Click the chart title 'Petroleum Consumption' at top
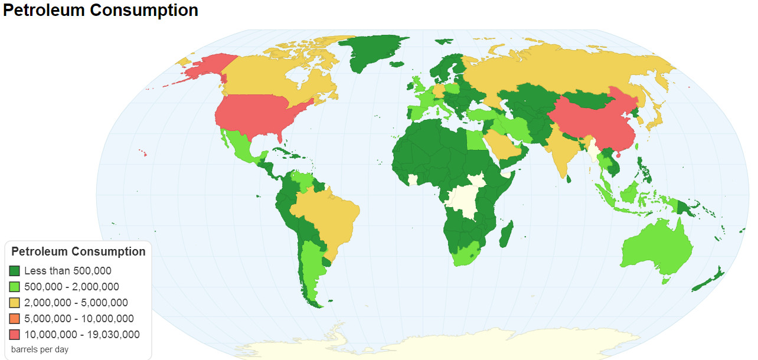point(100,11)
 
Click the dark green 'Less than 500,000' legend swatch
point(15,271)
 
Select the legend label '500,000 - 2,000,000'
point(71,287)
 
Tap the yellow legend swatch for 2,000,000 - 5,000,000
point(15,303)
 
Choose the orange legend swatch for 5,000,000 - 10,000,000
point(15,319)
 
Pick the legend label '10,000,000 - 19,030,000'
point(81,335)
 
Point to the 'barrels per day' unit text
point(40,349)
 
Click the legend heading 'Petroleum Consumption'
point(79,251)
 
